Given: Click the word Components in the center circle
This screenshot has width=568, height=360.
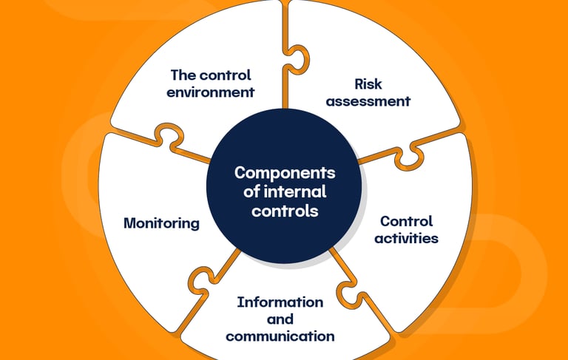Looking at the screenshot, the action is tap(285, 173).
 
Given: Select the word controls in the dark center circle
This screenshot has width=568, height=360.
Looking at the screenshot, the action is tap(285, 211).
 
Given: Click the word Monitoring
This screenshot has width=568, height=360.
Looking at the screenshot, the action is tap(161, 223).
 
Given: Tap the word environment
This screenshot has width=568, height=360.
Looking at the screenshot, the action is tap(211, 92).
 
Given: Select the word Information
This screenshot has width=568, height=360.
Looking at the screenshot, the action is tap(280, 302).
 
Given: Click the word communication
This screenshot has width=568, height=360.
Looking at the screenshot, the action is tap(280, 336).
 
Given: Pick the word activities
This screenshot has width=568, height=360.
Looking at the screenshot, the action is tap(406, 238).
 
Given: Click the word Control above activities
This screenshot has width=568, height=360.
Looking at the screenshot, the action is tap(406, 221).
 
